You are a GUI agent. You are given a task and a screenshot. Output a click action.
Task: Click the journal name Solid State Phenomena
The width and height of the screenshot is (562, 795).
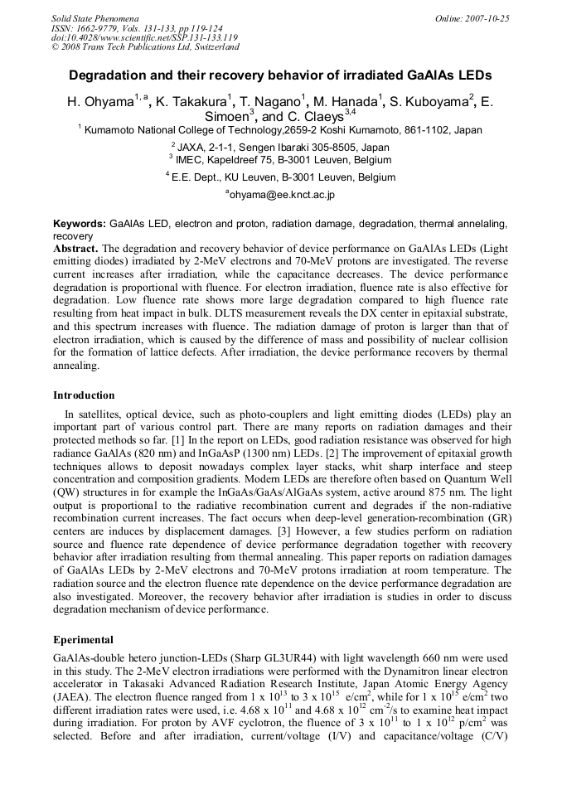point(94,17)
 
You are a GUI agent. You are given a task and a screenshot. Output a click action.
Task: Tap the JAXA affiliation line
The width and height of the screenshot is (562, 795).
point(280,147)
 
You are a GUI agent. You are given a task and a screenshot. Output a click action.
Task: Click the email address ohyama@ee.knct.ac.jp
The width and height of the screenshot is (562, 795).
point(280,195)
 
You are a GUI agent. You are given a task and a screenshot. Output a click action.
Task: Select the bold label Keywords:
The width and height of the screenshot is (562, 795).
point(80,224)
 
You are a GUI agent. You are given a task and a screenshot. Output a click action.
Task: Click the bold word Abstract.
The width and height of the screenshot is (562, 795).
point(76,248)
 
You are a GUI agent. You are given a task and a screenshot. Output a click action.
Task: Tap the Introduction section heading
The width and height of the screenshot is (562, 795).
point(84,395)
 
